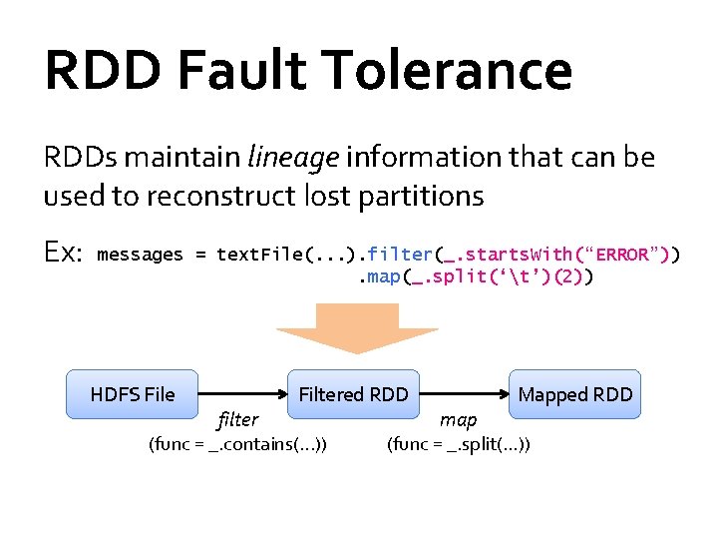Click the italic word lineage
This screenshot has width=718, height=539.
click(x=293, y=158)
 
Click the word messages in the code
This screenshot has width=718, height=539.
click(x=140, y=255)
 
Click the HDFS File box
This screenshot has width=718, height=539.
click(x=132, y=394)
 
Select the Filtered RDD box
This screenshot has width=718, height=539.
click(x=353, y=394)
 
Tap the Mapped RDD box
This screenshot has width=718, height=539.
click(x=574, y=394)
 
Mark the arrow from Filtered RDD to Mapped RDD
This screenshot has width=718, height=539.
click(x=464, y=394)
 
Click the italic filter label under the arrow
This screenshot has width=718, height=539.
click(x=237, y=420)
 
